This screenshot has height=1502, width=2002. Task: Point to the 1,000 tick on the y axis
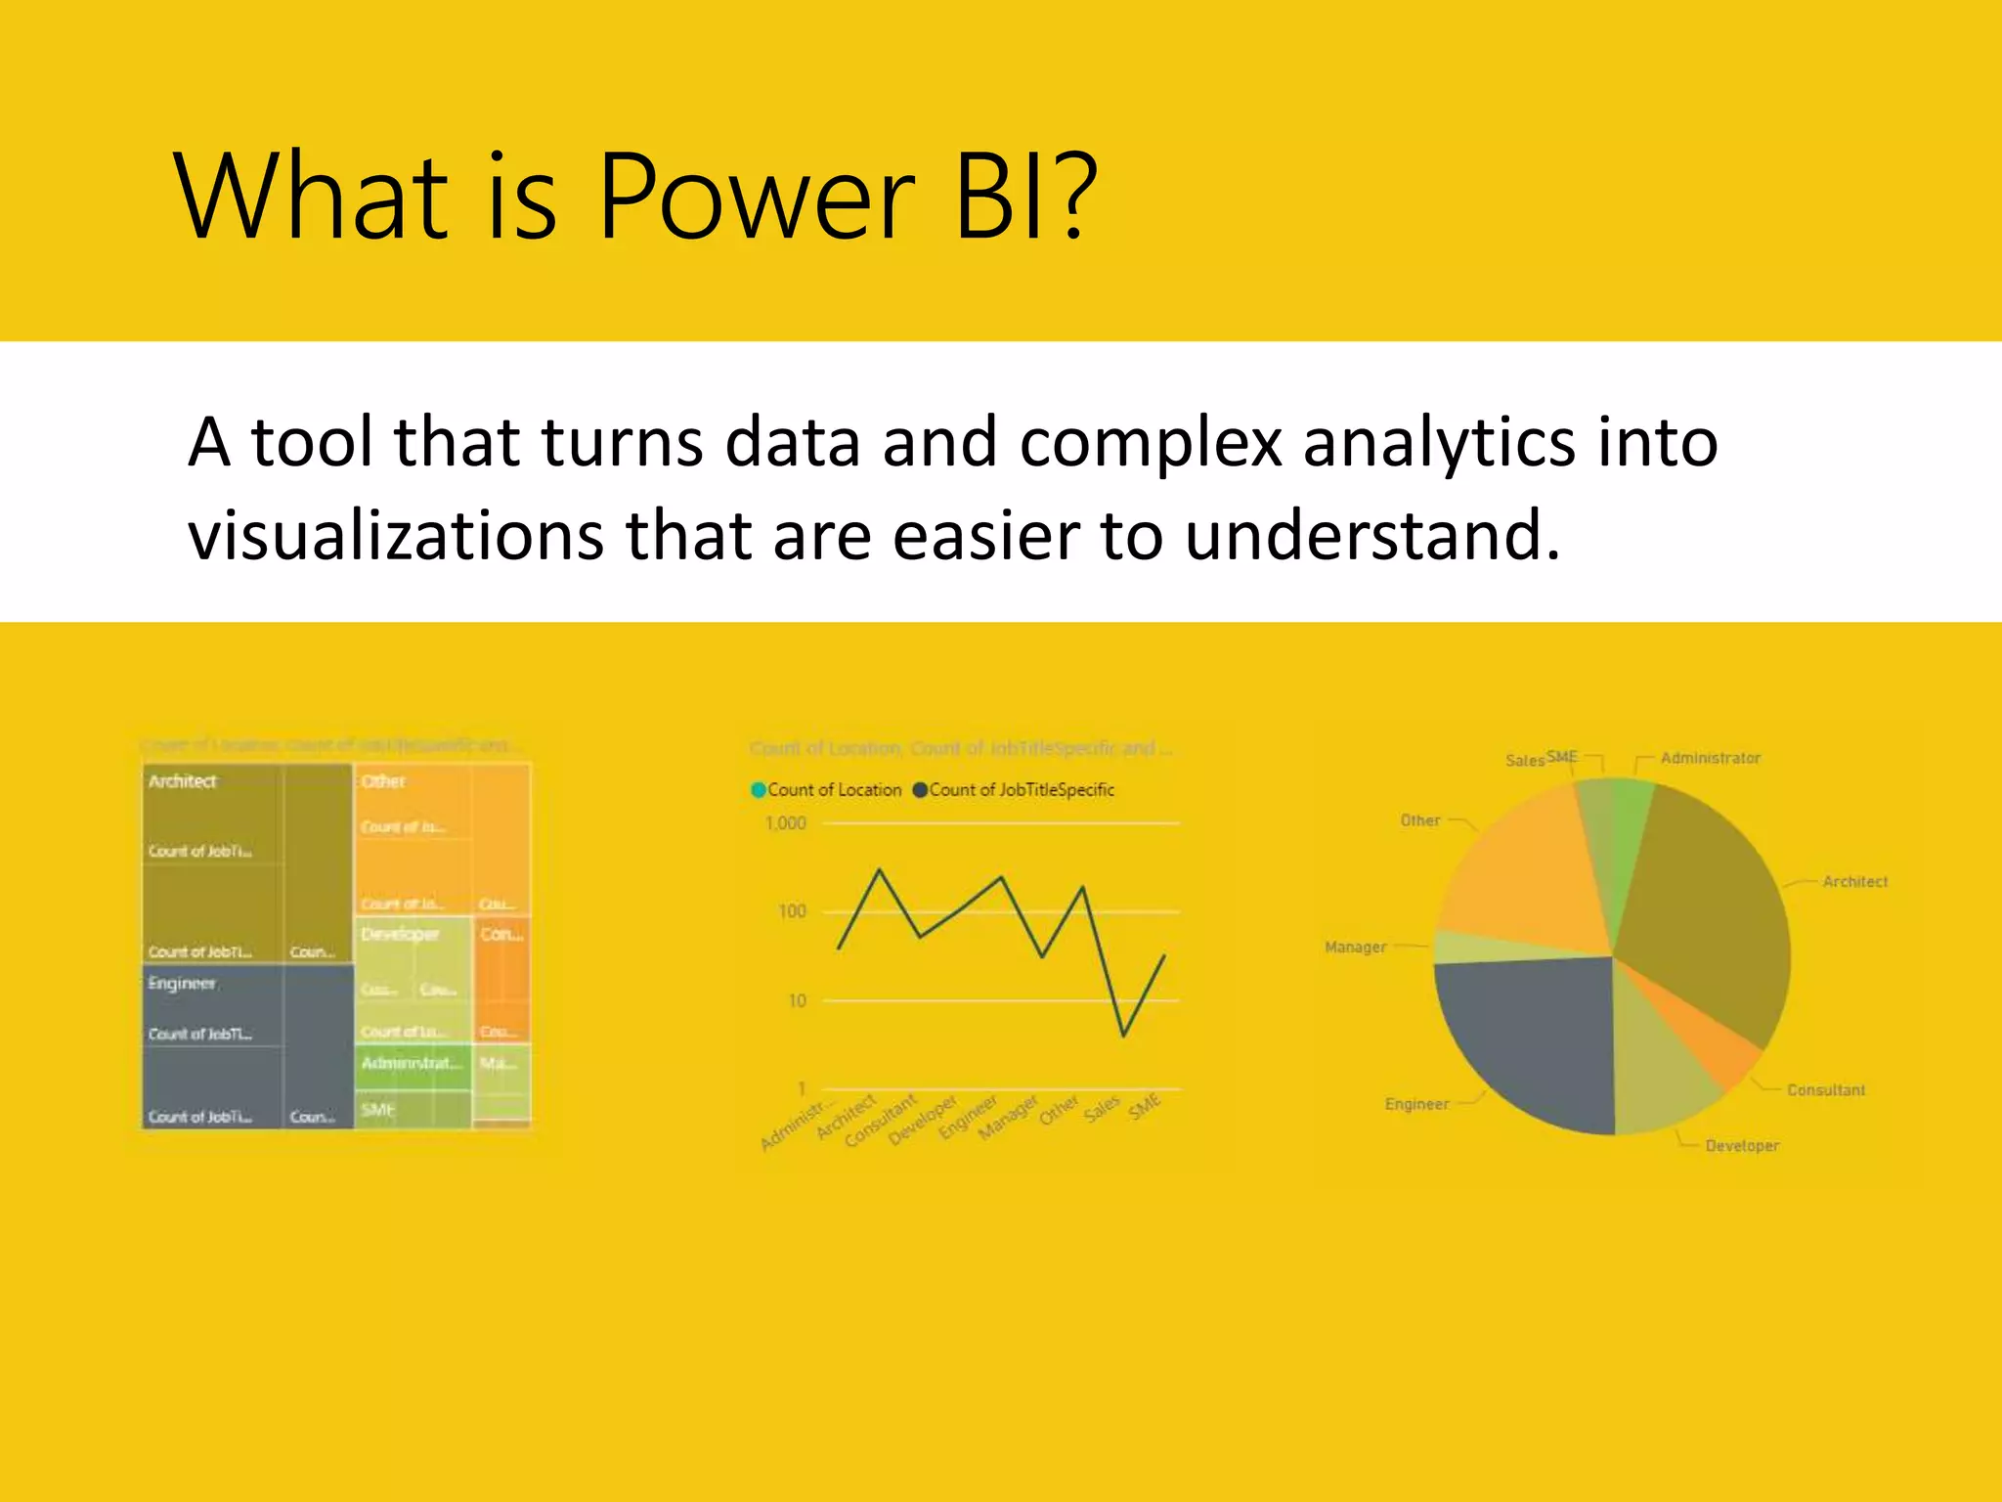786,823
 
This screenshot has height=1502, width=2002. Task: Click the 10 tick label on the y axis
797,1000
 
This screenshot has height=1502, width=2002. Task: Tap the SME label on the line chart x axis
1145,1107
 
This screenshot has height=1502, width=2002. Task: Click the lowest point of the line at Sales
1124,1036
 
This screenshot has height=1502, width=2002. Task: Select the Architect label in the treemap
182,781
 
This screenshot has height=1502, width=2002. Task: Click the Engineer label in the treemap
182,983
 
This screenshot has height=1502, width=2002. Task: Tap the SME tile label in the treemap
377,1110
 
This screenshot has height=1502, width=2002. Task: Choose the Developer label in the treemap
400,935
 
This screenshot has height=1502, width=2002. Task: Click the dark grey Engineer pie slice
1525,1037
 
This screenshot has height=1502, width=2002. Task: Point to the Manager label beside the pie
1355,947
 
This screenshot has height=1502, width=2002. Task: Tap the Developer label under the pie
1741,1145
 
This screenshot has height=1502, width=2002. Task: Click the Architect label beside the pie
1854,881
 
